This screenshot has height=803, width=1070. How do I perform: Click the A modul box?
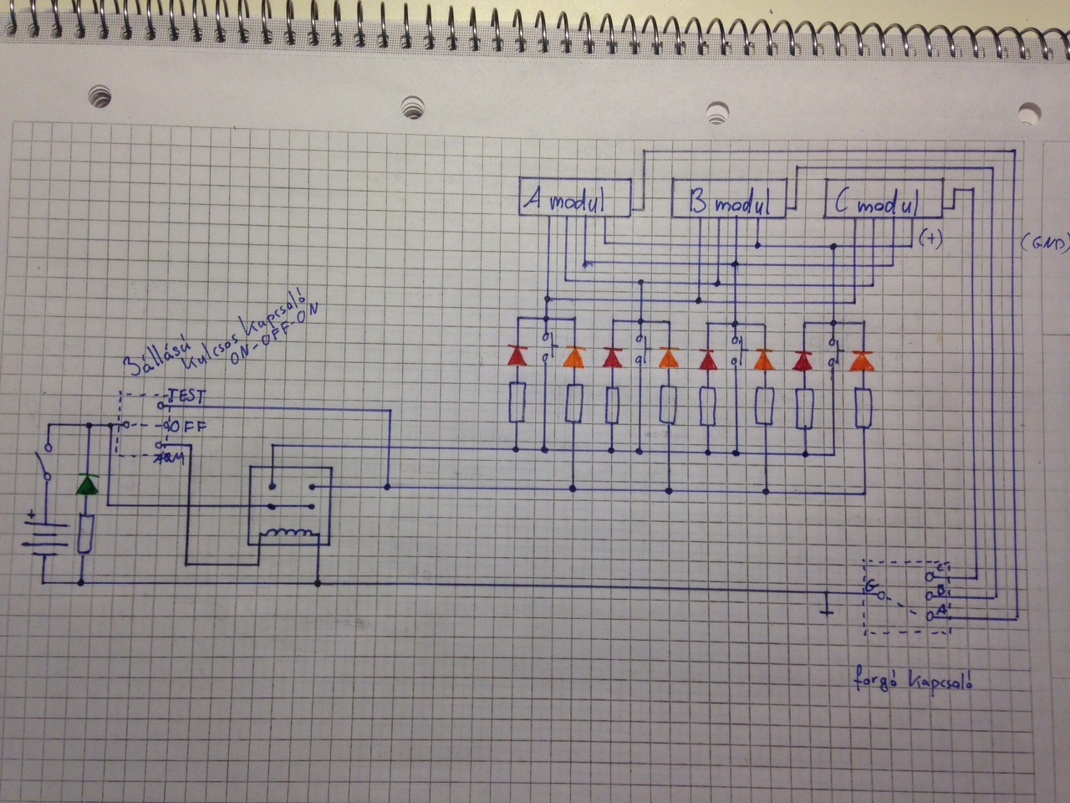coord(574,199)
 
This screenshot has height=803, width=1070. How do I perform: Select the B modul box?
coord(729,199)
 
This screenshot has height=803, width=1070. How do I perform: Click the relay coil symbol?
coord(288,534)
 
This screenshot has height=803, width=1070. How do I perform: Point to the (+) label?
coord(930,238)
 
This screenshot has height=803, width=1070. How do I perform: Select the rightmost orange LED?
coord(860,361)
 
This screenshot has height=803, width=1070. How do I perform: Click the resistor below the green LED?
coord(84,534)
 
